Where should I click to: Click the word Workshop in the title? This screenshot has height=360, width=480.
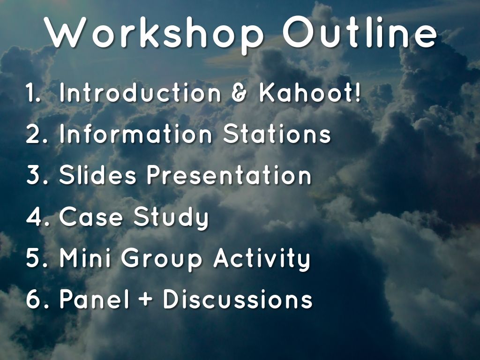154,34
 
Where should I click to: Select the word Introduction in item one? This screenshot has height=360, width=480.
140,92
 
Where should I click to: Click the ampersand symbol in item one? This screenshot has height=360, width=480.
239,93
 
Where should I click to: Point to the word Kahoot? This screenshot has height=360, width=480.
310,92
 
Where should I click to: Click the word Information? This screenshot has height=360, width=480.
135,134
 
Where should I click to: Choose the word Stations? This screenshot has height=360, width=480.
277,134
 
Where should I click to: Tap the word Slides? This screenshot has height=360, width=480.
97,175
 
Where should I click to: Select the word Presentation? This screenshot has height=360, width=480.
229,175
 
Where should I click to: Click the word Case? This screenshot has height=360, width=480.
90,217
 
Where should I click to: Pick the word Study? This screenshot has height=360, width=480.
171,217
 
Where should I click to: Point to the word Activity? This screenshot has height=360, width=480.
262,260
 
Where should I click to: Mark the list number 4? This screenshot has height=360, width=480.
35,217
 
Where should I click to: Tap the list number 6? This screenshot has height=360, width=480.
34,299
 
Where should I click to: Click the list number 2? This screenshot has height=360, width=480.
34,134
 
